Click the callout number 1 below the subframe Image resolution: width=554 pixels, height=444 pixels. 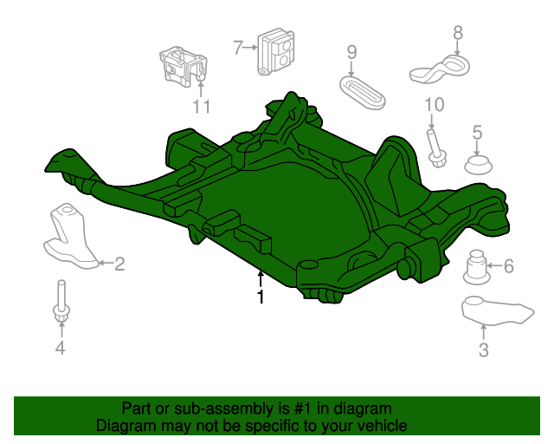click(261, 297)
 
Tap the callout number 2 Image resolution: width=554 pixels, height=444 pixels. click(119, 264)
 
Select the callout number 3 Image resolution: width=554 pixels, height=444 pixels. click(484, 350)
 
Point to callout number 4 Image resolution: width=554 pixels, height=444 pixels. click(61, 348)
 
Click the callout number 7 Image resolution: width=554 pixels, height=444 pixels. click(239, 48)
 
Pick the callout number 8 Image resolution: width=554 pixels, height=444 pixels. click(458, 33)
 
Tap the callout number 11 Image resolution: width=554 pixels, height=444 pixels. click(202, 107)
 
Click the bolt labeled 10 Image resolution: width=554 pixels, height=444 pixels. click(436, 149)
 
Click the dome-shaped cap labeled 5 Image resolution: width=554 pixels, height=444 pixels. click(478, 165)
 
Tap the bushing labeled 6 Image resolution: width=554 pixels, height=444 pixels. click(476, 267)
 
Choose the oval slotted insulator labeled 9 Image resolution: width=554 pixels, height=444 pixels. click(363, 93)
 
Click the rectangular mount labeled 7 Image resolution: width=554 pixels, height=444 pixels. click(276, 52)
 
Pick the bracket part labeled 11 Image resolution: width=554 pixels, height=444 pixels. click(183, 67)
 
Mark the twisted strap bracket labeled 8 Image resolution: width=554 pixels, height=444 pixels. click(440, 69)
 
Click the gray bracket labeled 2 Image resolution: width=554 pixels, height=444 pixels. click(71, 237)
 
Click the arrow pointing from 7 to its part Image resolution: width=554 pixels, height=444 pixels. click(251, 47)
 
